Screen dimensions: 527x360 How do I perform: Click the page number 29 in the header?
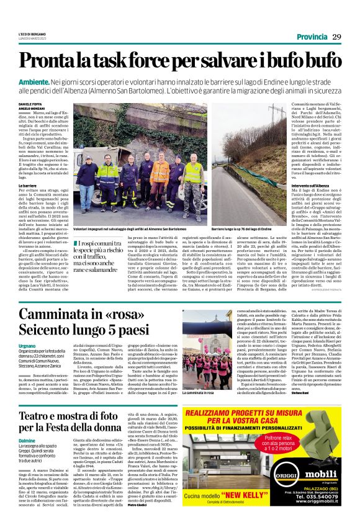(336, 37)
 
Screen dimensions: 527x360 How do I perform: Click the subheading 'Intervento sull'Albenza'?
(293, 185)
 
